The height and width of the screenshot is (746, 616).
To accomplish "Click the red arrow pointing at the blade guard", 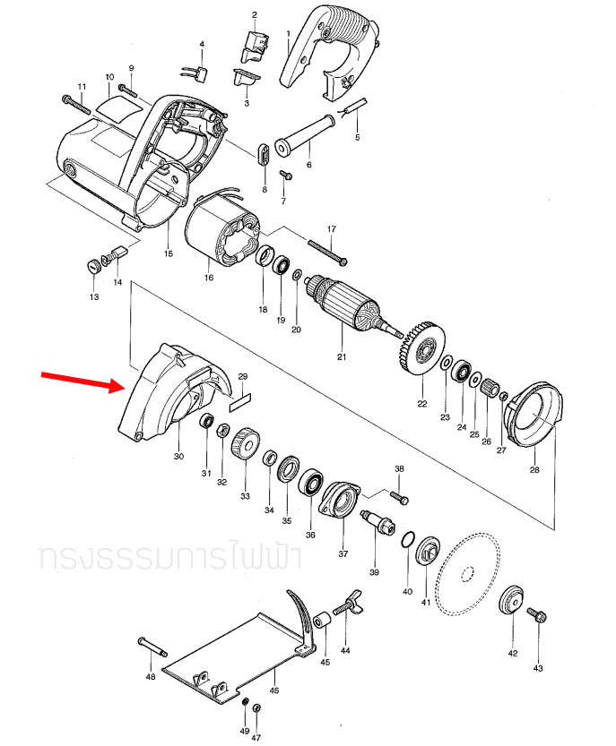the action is pyautogui.click(x=79, y=382).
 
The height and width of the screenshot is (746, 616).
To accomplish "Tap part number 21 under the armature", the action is pyautogui.click(x=341, y=357).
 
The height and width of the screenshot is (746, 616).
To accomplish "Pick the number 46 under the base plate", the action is pyautogui.click(x=274, y=690).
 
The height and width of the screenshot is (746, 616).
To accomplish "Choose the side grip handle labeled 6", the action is pyautogui.click(x=306, y=132).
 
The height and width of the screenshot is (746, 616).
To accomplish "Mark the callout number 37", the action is pyautogui.click(x=343, y=554).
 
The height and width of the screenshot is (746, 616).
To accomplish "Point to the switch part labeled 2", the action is pyautogui.click(x=256, y=42).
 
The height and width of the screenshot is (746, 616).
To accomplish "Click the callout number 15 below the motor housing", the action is pyautogui.click(x=168, y=254).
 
